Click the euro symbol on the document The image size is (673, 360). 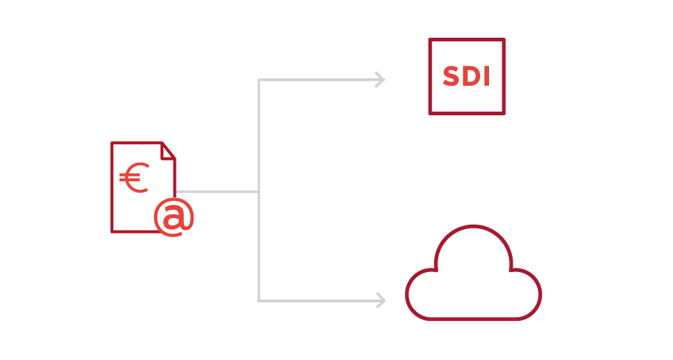(134, 178)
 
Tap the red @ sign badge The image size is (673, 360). (174, 217)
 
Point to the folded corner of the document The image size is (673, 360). (168, 150)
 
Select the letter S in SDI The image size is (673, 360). (451, 77)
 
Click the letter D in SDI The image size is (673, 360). (468, 77)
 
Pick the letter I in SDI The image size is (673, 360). (485, 77)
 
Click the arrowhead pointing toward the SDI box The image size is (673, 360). (381, 79)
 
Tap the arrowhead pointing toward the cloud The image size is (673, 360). (381, 300)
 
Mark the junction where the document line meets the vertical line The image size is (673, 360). (258, 191)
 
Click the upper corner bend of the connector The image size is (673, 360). (258, 80)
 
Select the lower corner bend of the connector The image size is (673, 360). (258, 300)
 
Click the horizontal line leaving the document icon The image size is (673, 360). (218, 191)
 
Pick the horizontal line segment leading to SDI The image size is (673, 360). (318, 80)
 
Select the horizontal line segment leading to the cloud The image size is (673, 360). (318, 300)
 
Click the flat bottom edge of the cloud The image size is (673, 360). (474, 319)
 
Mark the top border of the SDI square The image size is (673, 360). (467, 40)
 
